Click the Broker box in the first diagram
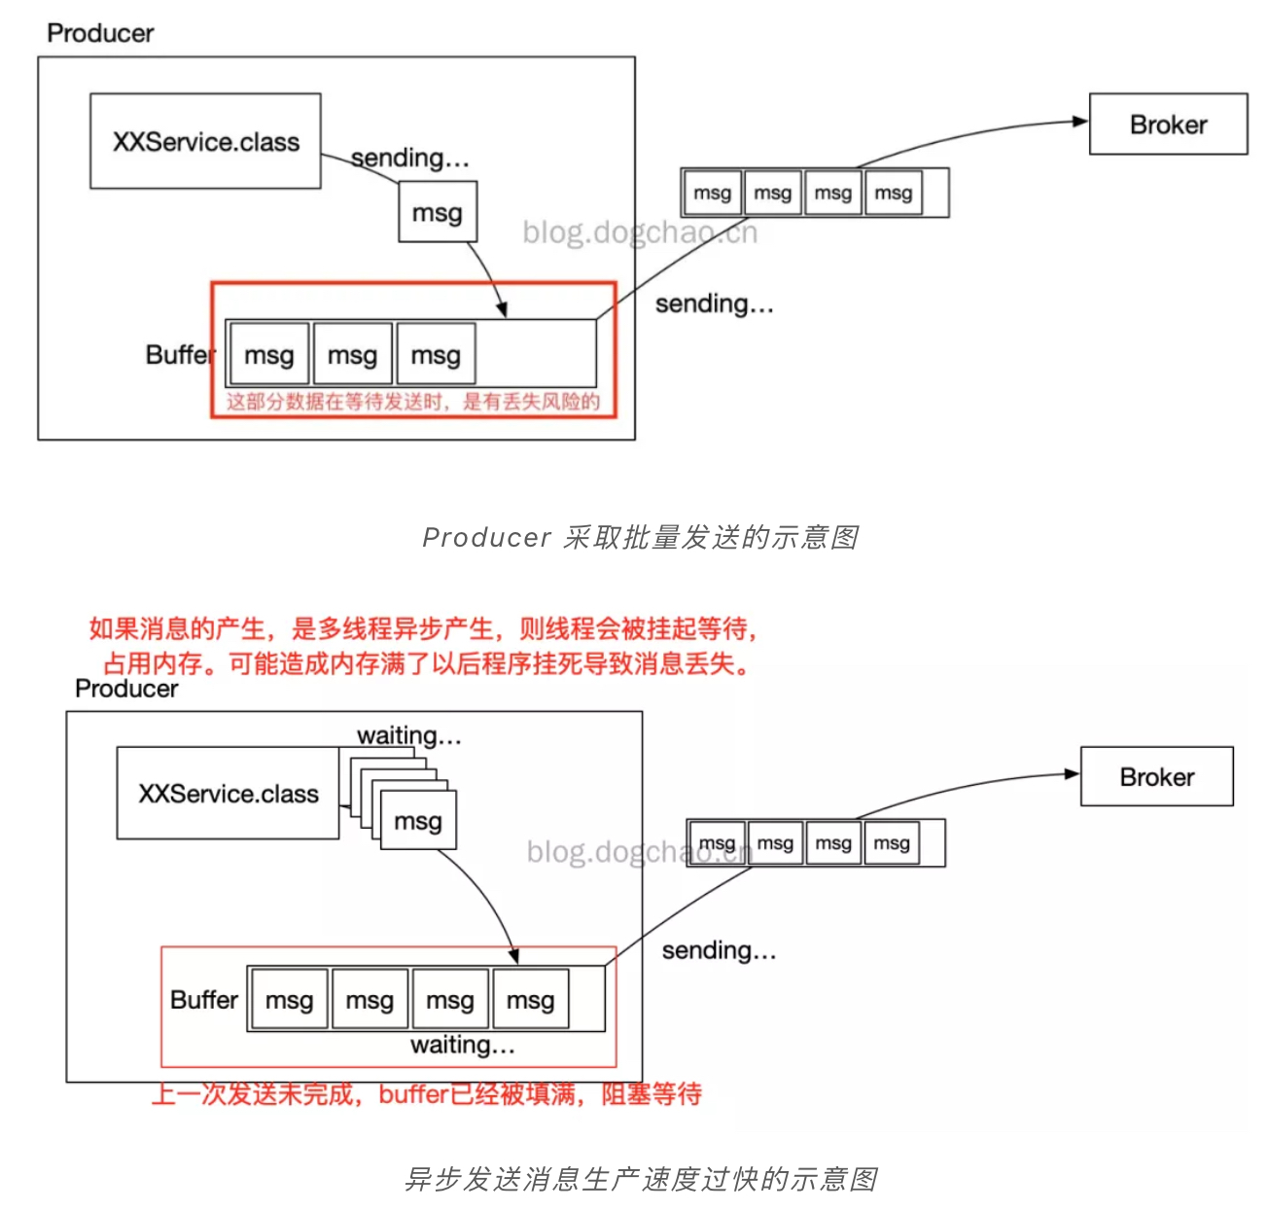coord(1168,125)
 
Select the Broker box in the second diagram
coord(1156,777)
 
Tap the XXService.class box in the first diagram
coord(205,142)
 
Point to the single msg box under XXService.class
coord(438,212)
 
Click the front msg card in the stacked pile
coord(418,821)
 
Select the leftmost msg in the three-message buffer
coord(269,355)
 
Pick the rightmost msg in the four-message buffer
coord(530,1000)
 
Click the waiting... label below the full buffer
coord(463,1046)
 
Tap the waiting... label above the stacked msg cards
coord(408,735)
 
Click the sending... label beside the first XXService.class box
coord(410,158)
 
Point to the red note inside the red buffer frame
coord(413,402)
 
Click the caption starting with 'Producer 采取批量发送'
coord(641,538)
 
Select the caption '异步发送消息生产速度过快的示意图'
coord(641,1179)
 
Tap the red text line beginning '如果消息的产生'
coord(423,628)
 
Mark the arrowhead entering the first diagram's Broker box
coord(1079,122)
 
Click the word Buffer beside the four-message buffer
coord(204,1000)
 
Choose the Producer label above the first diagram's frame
coord(100,33)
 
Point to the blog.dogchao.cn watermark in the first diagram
coord(640,232)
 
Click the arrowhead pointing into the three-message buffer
coord(502,310)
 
